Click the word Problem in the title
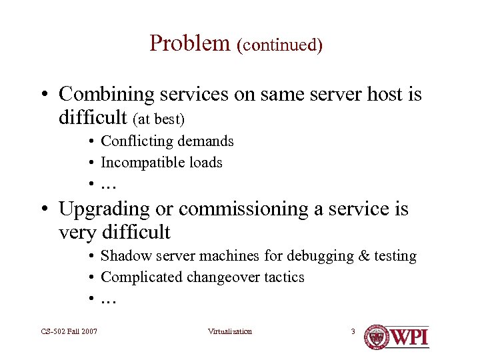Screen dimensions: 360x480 [x=189, y=43]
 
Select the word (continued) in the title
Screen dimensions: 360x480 [x=279, y=45]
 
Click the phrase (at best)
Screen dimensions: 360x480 [x=159, y=119]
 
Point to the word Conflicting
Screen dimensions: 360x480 [x=137, y=141]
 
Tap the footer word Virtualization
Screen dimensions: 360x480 [x=230, y=331]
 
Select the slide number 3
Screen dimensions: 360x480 [x=353, y=331]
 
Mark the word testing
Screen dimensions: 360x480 [x=393, y=256]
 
